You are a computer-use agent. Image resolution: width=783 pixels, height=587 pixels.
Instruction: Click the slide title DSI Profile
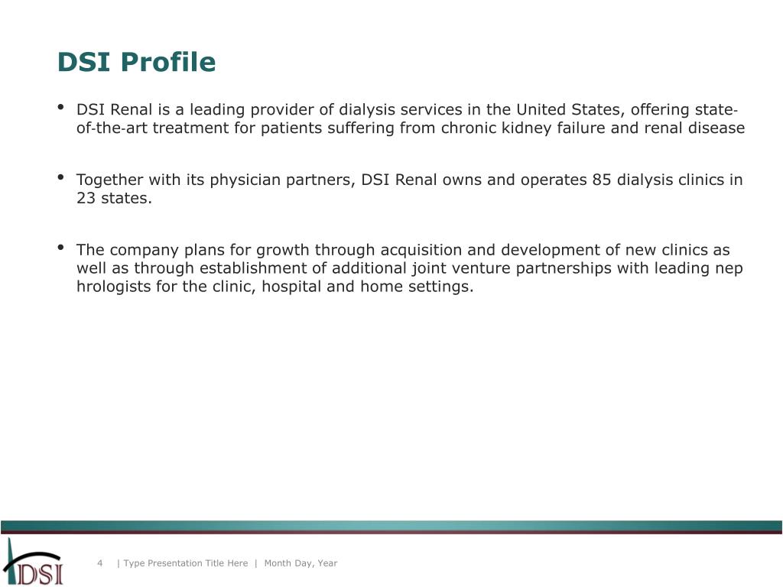[x=136, y=62]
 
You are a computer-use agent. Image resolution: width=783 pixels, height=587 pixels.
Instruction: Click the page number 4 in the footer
[x=99, y=563]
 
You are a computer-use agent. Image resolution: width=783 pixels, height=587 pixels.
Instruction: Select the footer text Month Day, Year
[x=301, y=563]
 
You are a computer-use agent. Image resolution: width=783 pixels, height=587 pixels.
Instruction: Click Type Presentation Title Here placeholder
[x=185, y=563]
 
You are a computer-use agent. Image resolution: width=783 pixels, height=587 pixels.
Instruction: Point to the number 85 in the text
[x=601, y=180]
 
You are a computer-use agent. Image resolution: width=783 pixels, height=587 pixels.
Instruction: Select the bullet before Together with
[x=61, y=178]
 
